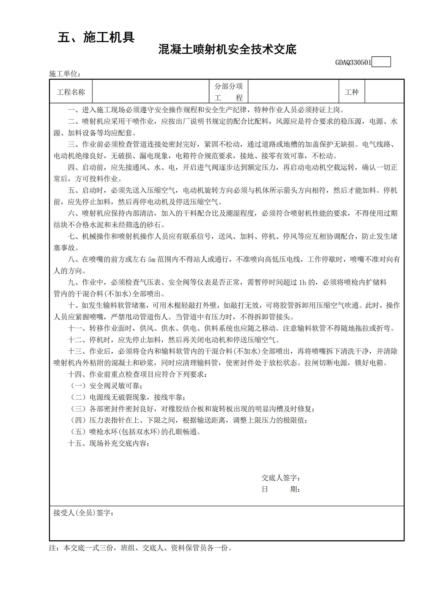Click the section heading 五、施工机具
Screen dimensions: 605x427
[96, 37]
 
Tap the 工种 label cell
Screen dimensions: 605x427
[352, 92]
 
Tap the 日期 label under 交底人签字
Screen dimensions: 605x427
[281, 489]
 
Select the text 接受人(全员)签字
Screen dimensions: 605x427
[84, 513]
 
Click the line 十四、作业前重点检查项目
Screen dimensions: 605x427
[137, 374]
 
